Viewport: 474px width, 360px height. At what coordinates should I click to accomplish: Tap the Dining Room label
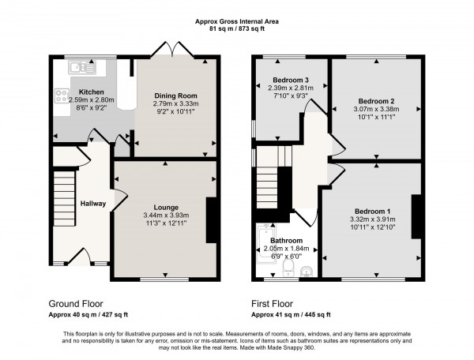(175, 94)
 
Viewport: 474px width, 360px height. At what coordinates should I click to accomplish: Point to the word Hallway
(92, 204)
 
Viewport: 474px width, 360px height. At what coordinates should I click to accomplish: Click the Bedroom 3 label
(290, 80)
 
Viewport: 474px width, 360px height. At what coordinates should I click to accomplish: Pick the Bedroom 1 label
(372, 211)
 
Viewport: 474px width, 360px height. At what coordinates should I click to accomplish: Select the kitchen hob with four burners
(60, 98)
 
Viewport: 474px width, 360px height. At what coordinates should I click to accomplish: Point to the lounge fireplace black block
(211, 220)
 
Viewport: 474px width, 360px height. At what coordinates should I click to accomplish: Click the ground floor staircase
(62, 197)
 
